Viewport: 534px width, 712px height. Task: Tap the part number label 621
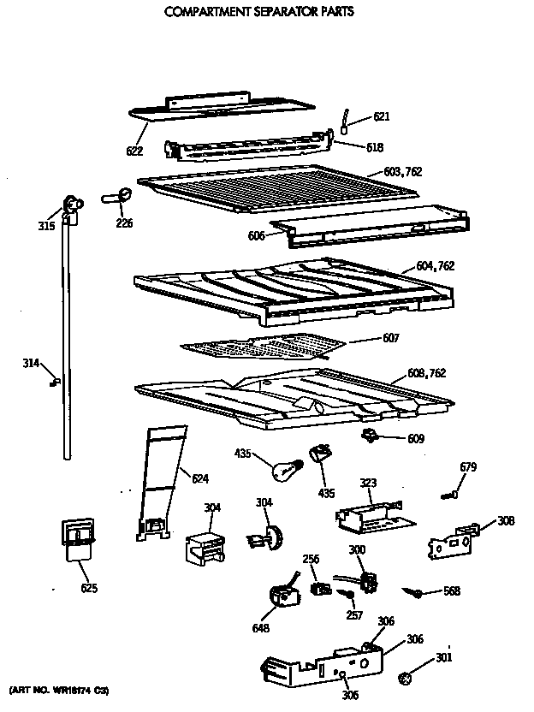(x=381, y=117)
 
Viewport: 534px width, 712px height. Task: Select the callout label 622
(x=134, y=151)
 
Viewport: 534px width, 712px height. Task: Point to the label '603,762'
(x=401, y=173)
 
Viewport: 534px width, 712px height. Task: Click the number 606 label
(x=257, y=234)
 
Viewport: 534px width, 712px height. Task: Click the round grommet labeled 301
(x=406, y=679)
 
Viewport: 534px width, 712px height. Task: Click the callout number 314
(x=31, y=364)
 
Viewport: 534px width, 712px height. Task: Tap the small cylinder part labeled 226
(x=117, y=197)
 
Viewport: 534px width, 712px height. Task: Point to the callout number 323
(x=367, y=484)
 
